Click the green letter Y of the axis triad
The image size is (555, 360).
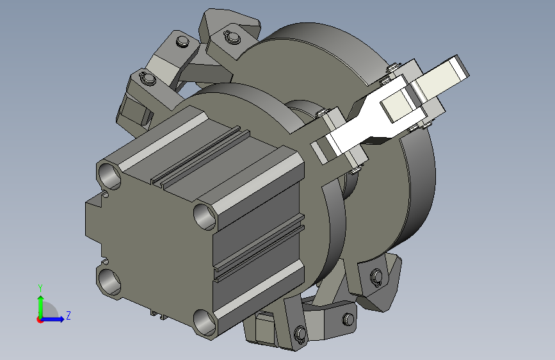[40, 288]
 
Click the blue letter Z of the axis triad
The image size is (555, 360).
[68, 315]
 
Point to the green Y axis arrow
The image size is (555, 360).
[41, 307]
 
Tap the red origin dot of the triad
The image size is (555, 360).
[39, 320]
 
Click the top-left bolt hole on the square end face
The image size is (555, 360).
[109, 176]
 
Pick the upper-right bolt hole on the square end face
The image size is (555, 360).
[205, 216]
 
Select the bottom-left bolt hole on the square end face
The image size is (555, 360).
[109, 282]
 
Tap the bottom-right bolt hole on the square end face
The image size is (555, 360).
[205, 322]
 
